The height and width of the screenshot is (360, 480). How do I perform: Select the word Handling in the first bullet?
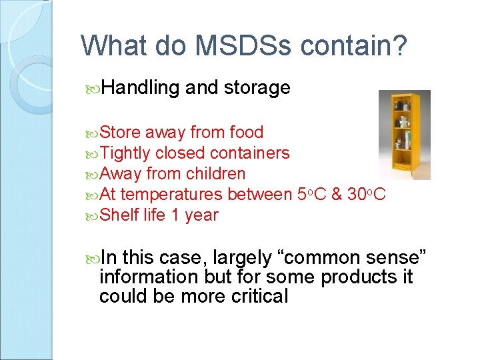141,87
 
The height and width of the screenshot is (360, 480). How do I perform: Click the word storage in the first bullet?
257,87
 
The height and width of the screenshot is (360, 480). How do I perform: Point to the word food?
246,133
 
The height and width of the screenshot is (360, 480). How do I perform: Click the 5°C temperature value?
309,195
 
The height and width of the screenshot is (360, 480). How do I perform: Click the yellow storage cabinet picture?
404,135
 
